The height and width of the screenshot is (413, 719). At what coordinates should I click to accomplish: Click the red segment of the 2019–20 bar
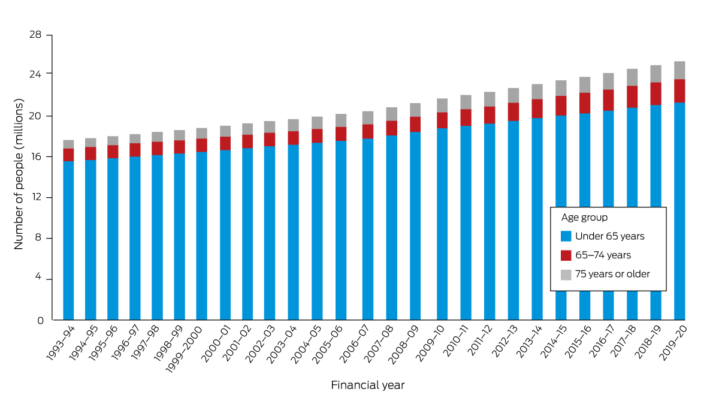click(x=679, y=91)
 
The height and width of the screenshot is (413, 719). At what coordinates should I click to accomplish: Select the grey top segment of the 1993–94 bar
click(x=68, y=144)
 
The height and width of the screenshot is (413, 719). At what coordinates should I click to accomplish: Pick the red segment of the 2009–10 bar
click(x=442, y=120)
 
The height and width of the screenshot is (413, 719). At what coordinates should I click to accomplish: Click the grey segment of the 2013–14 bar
click(x=537, y=92)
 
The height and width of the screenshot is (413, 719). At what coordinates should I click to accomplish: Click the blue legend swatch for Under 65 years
click(x=566, y=236)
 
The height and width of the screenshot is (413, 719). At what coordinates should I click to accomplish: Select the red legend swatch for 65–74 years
click(x=566, y=255)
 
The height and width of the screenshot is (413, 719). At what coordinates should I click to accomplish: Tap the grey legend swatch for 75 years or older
click(x=566, y=275)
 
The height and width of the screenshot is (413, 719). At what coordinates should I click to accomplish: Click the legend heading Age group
click(x=584, y=218)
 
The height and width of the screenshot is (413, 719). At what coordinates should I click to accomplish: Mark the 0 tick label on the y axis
click(x=40, y=320)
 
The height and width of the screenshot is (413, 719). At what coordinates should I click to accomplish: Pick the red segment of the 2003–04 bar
click(x=293, y=138)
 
